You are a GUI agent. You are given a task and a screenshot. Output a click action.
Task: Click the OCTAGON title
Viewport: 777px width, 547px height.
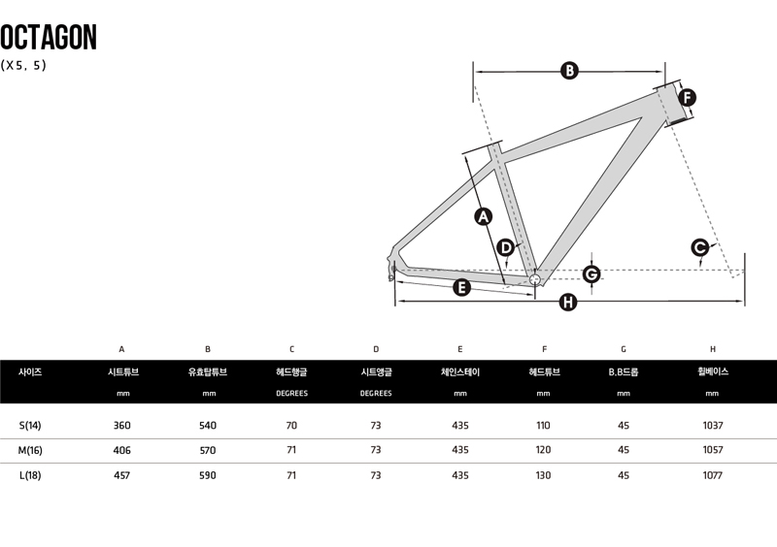pyautogui.click(x=49, y=37)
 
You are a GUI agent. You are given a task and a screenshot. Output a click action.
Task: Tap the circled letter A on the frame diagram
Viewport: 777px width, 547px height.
pyautogui.click(x=484, y=216)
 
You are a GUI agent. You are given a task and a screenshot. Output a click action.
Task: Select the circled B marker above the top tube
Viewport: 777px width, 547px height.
pyautogui.click(x=570, y=70)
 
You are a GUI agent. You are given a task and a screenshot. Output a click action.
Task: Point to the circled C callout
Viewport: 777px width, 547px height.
pyautogui.click(x=700, y=247)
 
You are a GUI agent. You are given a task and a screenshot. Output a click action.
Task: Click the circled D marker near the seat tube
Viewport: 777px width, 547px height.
pyautogui.click(x=506, y=247)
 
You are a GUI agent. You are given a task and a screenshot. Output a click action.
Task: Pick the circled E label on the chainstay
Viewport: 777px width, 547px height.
pyautogui.click(x=461, y=286)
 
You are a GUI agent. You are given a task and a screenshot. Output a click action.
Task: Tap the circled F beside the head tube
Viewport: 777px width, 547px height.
pyautogui.click(x=688, y=97)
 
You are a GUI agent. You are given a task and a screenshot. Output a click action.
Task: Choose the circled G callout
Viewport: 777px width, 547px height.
pyautogui.click(x=591, y=274)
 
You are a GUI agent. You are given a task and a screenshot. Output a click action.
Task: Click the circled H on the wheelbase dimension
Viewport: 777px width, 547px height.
pyautogui.click(x=569, y=303)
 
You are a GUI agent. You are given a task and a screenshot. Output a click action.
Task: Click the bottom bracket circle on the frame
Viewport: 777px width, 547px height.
pyautogui.click(x=533, y=279)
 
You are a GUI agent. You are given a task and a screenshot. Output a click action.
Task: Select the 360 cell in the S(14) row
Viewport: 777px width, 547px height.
pyautogui.click(x=121, y=425)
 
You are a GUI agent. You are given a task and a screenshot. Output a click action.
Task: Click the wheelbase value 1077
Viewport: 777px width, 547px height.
pyautogui.click(x=712, y=475)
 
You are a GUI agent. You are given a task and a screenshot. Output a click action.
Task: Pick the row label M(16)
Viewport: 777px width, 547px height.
pyautogui.click(x=30, y=450)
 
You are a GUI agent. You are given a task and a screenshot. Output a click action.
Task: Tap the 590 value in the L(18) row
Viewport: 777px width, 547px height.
pyautogui.click(x=208, y=475)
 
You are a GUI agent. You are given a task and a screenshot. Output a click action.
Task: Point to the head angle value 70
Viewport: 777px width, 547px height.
pyautogui.click(x=291, y=425)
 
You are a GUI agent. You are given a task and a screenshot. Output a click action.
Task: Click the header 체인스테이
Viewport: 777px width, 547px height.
pyautogui.click(x=460, y=371)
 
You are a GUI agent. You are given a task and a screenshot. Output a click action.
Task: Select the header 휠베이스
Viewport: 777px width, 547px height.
pyautogui.click(x=712, y=371)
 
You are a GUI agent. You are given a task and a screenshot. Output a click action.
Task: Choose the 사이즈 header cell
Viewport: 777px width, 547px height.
pyautogui.click(x=30, y=371)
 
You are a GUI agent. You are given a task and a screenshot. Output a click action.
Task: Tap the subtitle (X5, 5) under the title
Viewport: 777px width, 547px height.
pyautogui.click(x=24, y=66)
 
